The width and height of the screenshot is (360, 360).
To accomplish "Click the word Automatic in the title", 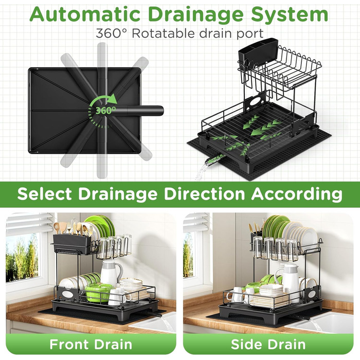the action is click(x=85, y=14).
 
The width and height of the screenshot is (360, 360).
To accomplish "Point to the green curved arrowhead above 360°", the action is click(x=113, y=98).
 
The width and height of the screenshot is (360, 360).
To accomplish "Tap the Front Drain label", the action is click(x=91, y=345).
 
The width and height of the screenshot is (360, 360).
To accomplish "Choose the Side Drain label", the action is click(x=268, y=345).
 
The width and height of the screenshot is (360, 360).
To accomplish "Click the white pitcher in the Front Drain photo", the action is click(x=112, y=273).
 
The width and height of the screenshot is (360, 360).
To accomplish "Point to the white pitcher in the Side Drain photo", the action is click(x=290, y=278).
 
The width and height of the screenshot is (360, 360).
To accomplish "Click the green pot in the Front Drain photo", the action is click(x=99, y=292).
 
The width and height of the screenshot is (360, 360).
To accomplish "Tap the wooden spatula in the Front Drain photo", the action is click(x=57, y=228).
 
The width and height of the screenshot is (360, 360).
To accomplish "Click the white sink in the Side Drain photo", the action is click(x=321, y=321).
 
